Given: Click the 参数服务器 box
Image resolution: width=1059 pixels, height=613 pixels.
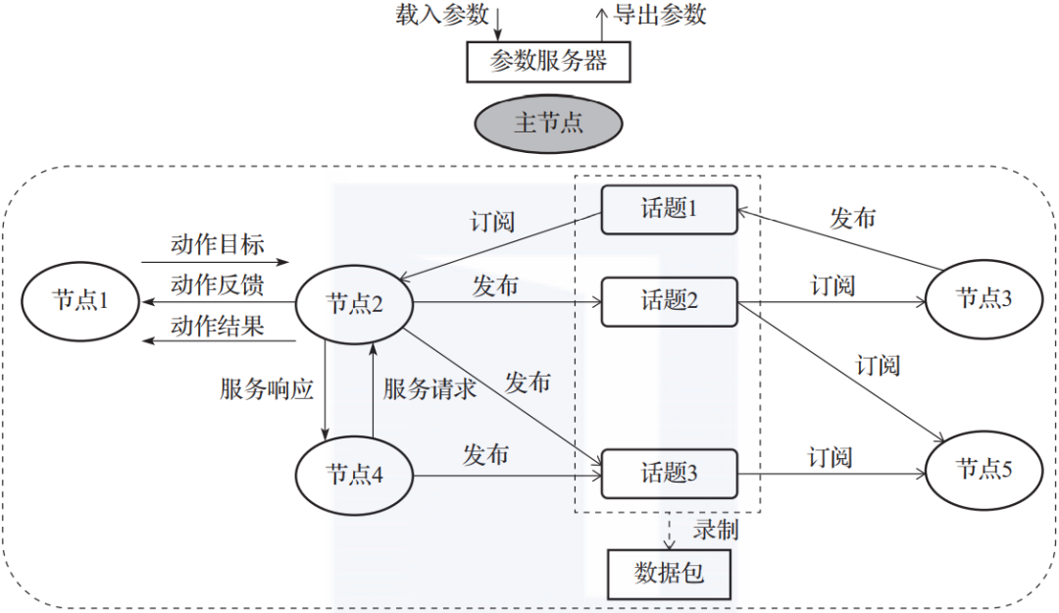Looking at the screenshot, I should pyautogui.click(x=548, y=63).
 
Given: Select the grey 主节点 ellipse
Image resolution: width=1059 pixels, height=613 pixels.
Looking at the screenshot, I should pyautogui.click(x=548, y=123).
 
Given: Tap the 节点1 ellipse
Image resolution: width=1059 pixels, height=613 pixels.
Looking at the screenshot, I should pyautogui.click(x=80, y=300).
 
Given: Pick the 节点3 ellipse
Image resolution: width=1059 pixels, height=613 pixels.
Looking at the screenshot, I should pyautogui.click(x=983, y=298).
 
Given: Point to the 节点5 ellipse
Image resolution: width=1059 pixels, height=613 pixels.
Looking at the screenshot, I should pyautogui.click(x=983, y=470).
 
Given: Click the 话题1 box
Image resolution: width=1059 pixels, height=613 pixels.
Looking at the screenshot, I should pyautogui.click(x=669, y=209).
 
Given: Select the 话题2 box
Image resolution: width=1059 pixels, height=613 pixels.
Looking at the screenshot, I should pyautogui.click(x=669, y=300).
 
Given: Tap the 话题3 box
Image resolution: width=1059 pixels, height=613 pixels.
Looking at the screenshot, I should pyautogui.click(x=669, y=473).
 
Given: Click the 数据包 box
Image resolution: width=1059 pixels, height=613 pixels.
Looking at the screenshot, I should pyautogui.click(x=669, y=573).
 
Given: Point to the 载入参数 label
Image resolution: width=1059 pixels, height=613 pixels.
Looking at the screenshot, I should pyautogui.click(x=441, y=15).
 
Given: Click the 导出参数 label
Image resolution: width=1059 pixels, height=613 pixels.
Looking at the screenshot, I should pyautogui.click(x=660, y=15).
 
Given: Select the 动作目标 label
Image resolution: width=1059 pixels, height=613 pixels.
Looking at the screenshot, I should pyautogui.click(x=217, y=244).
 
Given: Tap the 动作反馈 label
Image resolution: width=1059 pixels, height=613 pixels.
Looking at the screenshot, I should pyautogui.click(x=217, y=284).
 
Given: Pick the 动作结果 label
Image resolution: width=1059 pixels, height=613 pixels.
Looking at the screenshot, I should pyautogui.click(x=217, y=326).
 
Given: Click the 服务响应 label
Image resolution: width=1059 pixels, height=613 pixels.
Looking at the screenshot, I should pyautogui.click(x=267, y=389).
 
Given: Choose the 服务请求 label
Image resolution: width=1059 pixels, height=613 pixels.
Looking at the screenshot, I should pyautogui.click(x=429, y=389).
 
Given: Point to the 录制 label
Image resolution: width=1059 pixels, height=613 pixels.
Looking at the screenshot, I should pyautogui.click(x=716, y=531).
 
